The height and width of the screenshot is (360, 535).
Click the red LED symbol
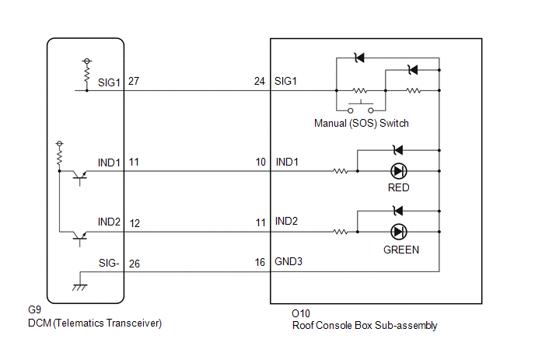398,171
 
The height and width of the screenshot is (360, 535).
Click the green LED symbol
398,232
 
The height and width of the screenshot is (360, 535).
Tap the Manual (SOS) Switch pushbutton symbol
361,107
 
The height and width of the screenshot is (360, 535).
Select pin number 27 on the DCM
134,81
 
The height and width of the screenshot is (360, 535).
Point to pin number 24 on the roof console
259,81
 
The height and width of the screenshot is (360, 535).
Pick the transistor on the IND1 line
80,177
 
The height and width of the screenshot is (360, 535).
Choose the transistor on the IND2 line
80,238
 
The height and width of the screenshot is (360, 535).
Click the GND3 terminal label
288,261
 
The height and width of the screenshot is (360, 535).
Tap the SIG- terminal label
109,263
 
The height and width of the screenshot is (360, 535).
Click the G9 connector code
34,309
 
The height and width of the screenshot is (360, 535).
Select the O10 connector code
301,313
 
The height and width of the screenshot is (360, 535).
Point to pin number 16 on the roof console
260,262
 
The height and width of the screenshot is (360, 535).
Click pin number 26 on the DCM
135,264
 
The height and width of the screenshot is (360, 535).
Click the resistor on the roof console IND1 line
340,171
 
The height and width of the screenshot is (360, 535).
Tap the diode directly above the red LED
398,150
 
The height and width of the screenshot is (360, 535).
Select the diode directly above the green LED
398,211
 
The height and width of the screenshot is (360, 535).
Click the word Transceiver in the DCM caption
134,323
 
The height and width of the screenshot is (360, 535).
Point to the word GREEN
401,250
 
